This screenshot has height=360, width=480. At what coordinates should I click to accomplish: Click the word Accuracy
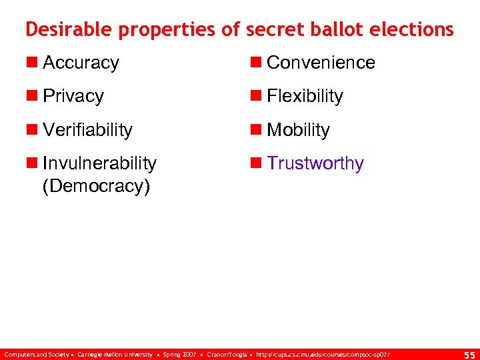click(81, 63)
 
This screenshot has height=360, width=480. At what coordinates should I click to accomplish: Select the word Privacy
click(73, 96)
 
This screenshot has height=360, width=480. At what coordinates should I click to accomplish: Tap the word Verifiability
click(87, 129)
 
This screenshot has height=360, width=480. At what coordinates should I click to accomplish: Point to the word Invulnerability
click(99, 163)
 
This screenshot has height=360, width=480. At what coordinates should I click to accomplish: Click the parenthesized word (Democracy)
click(96, 185)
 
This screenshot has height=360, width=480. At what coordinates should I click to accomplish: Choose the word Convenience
click(321, 63)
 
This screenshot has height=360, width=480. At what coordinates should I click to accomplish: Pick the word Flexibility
click(305, 96)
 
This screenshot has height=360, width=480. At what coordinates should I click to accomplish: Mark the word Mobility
click(298, 129)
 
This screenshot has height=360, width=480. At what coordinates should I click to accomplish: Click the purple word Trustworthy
click(315, 163)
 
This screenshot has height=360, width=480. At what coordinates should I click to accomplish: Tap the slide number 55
click(469, 354)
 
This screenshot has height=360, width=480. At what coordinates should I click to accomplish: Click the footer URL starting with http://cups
click(321, 354)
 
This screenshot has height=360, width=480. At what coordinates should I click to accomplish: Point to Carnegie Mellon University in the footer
click(115, 354)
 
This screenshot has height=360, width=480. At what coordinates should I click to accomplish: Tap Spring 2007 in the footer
click(180, 354)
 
